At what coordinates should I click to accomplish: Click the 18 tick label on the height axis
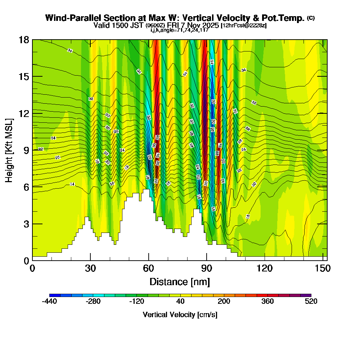(24, 40)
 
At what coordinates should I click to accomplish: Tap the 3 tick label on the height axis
(26, 224)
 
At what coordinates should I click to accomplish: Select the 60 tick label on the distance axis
(148, 269)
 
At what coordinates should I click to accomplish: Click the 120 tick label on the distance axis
(265, 269)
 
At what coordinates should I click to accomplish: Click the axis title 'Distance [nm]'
(180, 281)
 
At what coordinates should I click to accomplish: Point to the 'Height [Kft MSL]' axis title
(10, 150)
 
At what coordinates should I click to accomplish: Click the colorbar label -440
(49, 302)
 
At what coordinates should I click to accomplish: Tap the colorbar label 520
(311, 302)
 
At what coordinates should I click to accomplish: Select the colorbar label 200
(224, 302)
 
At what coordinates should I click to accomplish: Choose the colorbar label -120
(136, 302)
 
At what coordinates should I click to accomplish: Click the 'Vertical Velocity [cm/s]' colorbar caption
(180, 315)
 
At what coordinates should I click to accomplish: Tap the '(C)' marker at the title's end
(311, 18)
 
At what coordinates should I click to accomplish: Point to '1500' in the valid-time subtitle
(121, 25)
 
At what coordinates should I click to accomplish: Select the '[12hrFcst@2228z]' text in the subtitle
(244, 26)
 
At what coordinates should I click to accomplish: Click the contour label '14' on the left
(72, 184)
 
